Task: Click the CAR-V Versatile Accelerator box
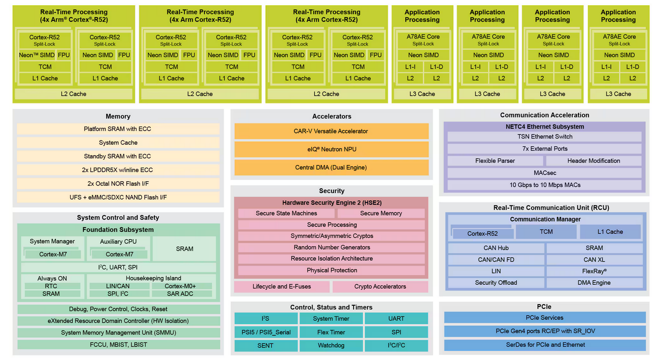331,131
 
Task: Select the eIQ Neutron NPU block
331,149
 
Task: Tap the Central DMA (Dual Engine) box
331,167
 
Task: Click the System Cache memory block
118,142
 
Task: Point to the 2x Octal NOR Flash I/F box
118,183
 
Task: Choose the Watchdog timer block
331,345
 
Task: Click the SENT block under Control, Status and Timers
265,345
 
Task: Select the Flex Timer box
331,332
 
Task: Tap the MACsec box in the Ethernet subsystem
544,173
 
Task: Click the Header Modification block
594,161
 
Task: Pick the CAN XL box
594,260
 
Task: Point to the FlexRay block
594,271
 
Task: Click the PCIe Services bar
544,317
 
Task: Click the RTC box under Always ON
51,286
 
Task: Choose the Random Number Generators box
331,247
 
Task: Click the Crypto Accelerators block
380,286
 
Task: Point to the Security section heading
331,191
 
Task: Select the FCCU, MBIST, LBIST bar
118,344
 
